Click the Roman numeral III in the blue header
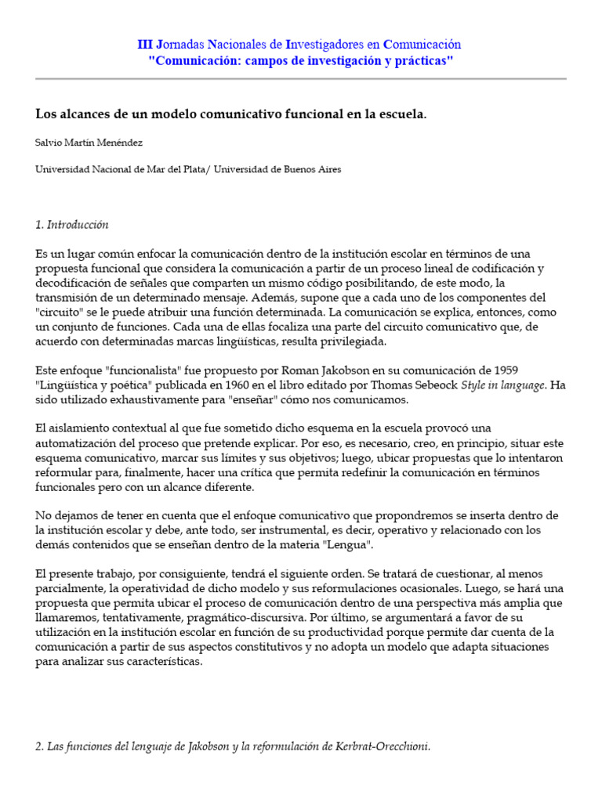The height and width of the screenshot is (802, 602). (x=147, y=45)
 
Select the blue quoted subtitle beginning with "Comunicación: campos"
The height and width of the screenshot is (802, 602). (x=301, y=60)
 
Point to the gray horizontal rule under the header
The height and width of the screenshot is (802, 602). (x=301, y=79)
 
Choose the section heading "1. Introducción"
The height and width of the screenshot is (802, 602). (x=72, y=225)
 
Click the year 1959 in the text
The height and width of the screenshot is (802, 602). (x=504, y=370)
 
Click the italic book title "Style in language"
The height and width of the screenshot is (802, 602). (x=500, y=385)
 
